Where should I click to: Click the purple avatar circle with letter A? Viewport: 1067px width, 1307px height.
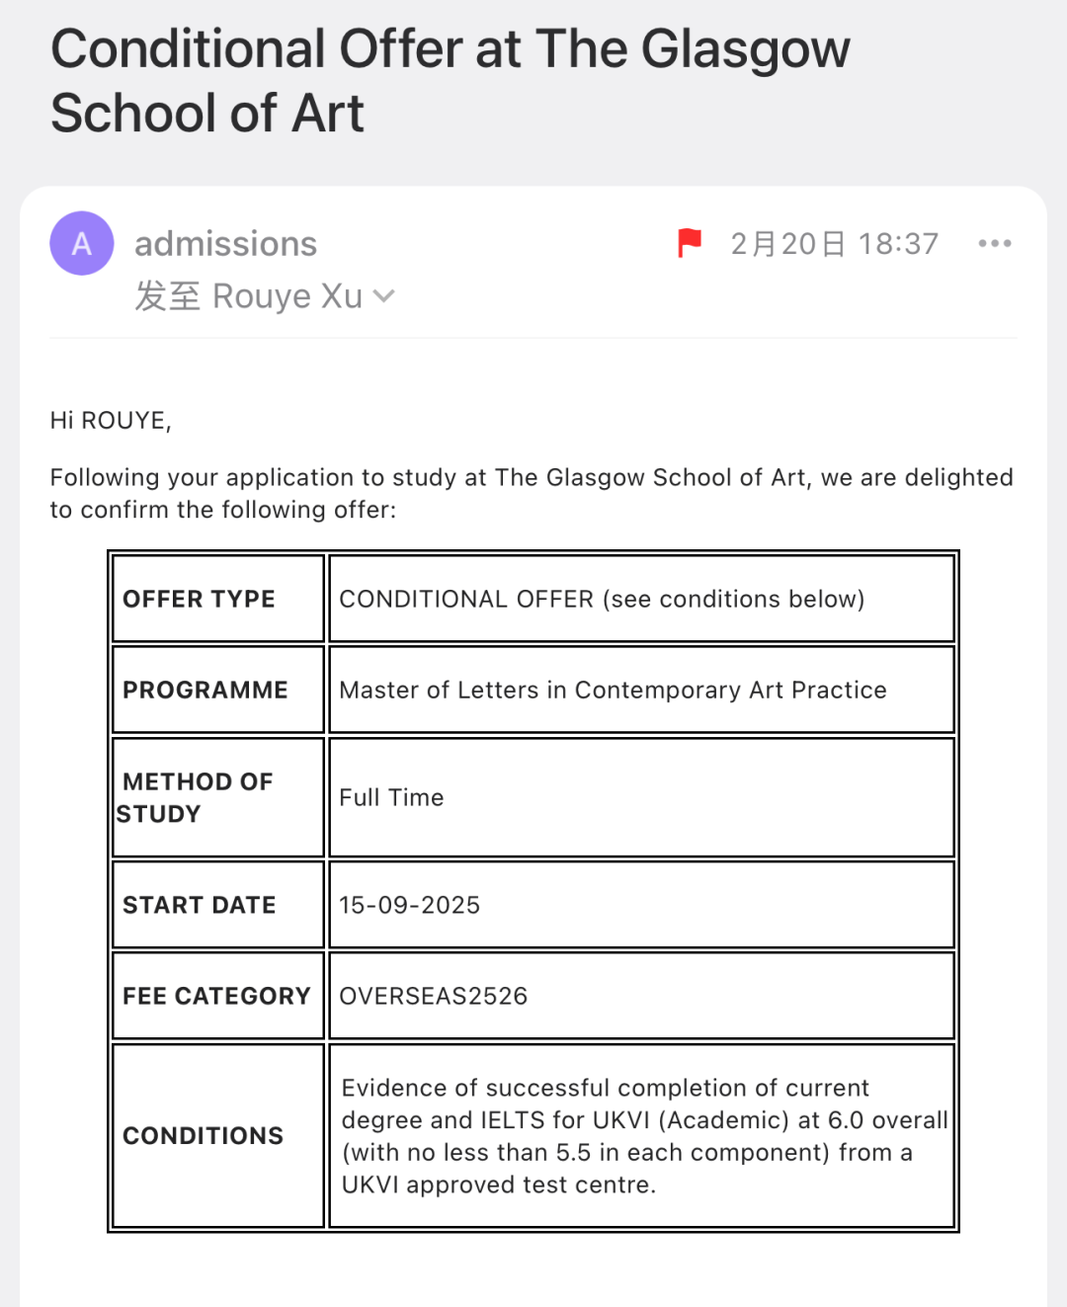pyautogui.click(x=82, y=243)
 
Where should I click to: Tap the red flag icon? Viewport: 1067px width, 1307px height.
pyautogui.click(x=689, y=242)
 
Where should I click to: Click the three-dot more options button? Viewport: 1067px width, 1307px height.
pyautogui.click(x=994, y=243)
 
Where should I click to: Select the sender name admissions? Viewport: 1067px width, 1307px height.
pyautogui.click(x=225, y=244)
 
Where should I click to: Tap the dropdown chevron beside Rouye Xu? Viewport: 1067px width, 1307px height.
pyautogui.click(x=384, y=295)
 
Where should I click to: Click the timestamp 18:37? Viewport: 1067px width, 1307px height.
pyautogui.click(x=897, y=244)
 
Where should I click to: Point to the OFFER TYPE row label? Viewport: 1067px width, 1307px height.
pyautogui.click(x=199, y=599)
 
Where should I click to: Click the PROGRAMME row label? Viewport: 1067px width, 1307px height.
pyautogui.click(x=205, y=690)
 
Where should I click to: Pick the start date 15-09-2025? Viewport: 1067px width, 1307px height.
pyautogui.click(x=409, y=905)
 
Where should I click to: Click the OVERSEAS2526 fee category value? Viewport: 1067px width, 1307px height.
pyautogui.click(x=433, y=996)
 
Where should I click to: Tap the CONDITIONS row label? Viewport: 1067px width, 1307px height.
pyautogui.click(x=203, y=1136)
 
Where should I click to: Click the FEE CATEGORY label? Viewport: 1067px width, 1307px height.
pyautogui.click(x=216, y=996)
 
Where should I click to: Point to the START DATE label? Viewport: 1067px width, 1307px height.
pyautogui.click(x=199, y=905)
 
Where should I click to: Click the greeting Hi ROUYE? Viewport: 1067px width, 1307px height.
pyautogui.click(x=111, y=421)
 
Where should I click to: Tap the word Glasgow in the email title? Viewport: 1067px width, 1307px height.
pyautogui.click(x=745, y=49)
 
